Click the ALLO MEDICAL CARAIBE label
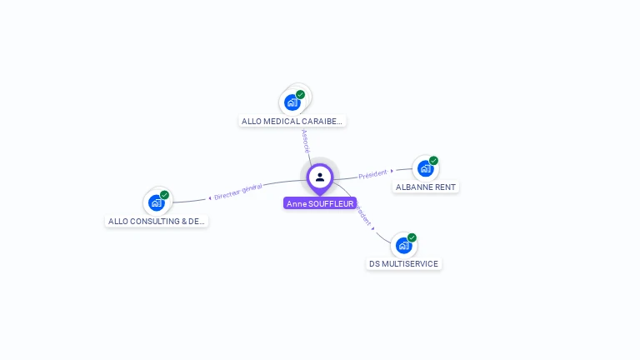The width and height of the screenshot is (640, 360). pyautogui.click(x=291, y=121)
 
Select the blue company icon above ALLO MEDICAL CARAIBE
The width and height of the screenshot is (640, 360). pyautogui.click(x=292, y=102)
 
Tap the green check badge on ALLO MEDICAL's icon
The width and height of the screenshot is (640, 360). pyautogui.click(x=301, y=94)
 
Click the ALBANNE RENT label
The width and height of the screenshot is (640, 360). pyautogui.click(x=425, y=187)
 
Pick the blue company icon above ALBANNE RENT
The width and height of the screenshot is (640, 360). pyautogui.click(x=425, y=168)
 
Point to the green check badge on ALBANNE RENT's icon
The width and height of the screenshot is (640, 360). pyautogui.click(x=434, y=160)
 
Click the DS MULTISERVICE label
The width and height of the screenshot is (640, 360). pyautogui.click(x=403, y=263)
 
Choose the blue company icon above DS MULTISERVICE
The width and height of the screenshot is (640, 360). pyautogui.click(x=403, y=245)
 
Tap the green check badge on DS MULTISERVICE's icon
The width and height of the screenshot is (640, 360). pyautogui.click(x=412, y=237)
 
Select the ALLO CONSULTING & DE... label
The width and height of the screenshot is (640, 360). pyautogui.click(x=156, y=221)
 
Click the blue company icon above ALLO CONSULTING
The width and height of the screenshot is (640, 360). pyautogui.click(x=156, y=202)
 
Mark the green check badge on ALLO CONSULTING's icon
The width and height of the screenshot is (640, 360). pyautogui.click(x=165, y=194)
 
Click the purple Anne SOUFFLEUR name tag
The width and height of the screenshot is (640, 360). pyautogui.click(x=320, y=203)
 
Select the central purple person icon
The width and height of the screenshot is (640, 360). pyautogui.click(x=320, y=177)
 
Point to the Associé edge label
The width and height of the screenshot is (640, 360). pyautogui.click(x=306, y=140)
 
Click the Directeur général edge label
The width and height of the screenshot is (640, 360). pyautogui.click(x=238, y=192)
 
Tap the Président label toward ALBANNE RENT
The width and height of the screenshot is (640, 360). pyautogui.click(x=372, y=174)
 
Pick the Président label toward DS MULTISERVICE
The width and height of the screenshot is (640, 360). pyautogui.click(x=363, y=215)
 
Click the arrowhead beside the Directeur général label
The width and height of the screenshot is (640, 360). pyautogui.click(x=210, y=197)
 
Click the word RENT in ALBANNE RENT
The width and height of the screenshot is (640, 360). pyautogui.click(x=443, y=187)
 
